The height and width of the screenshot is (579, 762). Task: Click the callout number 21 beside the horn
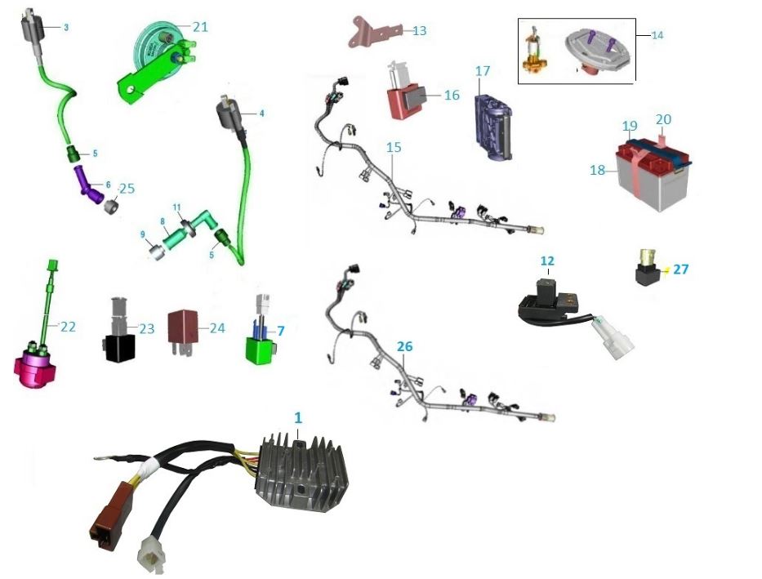click(x=200, y=26)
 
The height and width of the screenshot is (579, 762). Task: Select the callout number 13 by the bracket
click(x=419, y=31)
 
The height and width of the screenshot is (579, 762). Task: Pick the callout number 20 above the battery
click(x=663, y=119)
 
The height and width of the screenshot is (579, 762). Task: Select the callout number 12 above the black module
click(x=547, y=261)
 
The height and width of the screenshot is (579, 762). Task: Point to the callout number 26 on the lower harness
click(x=404, y=346)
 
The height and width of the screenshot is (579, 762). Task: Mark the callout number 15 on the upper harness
click(x=394, y=148)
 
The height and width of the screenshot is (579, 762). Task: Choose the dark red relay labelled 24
click(x=182, y=325)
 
